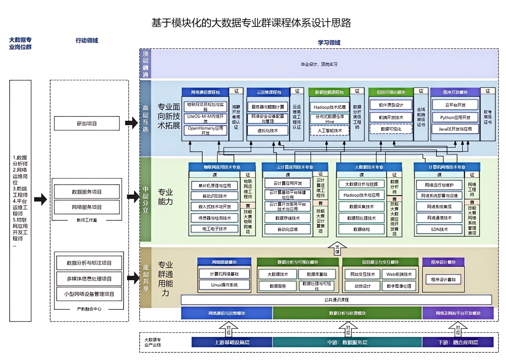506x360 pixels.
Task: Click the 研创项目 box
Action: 87,124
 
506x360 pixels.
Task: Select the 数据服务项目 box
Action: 87,192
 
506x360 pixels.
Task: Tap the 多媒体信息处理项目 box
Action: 89,279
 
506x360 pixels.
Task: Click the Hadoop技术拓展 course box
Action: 329,107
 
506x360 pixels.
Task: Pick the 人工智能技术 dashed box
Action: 329,130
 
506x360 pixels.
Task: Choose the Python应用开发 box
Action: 455,117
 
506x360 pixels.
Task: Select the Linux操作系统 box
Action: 224,285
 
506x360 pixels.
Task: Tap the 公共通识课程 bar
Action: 336,299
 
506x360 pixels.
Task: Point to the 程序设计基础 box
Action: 443,279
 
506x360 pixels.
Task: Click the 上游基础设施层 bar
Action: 232,342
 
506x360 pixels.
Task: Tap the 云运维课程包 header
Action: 266,92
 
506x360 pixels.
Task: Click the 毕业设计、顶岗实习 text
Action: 319,64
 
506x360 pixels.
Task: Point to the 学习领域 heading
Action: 329,43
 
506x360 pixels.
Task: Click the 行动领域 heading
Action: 87,40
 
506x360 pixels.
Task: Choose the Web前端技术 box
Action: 399,275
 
